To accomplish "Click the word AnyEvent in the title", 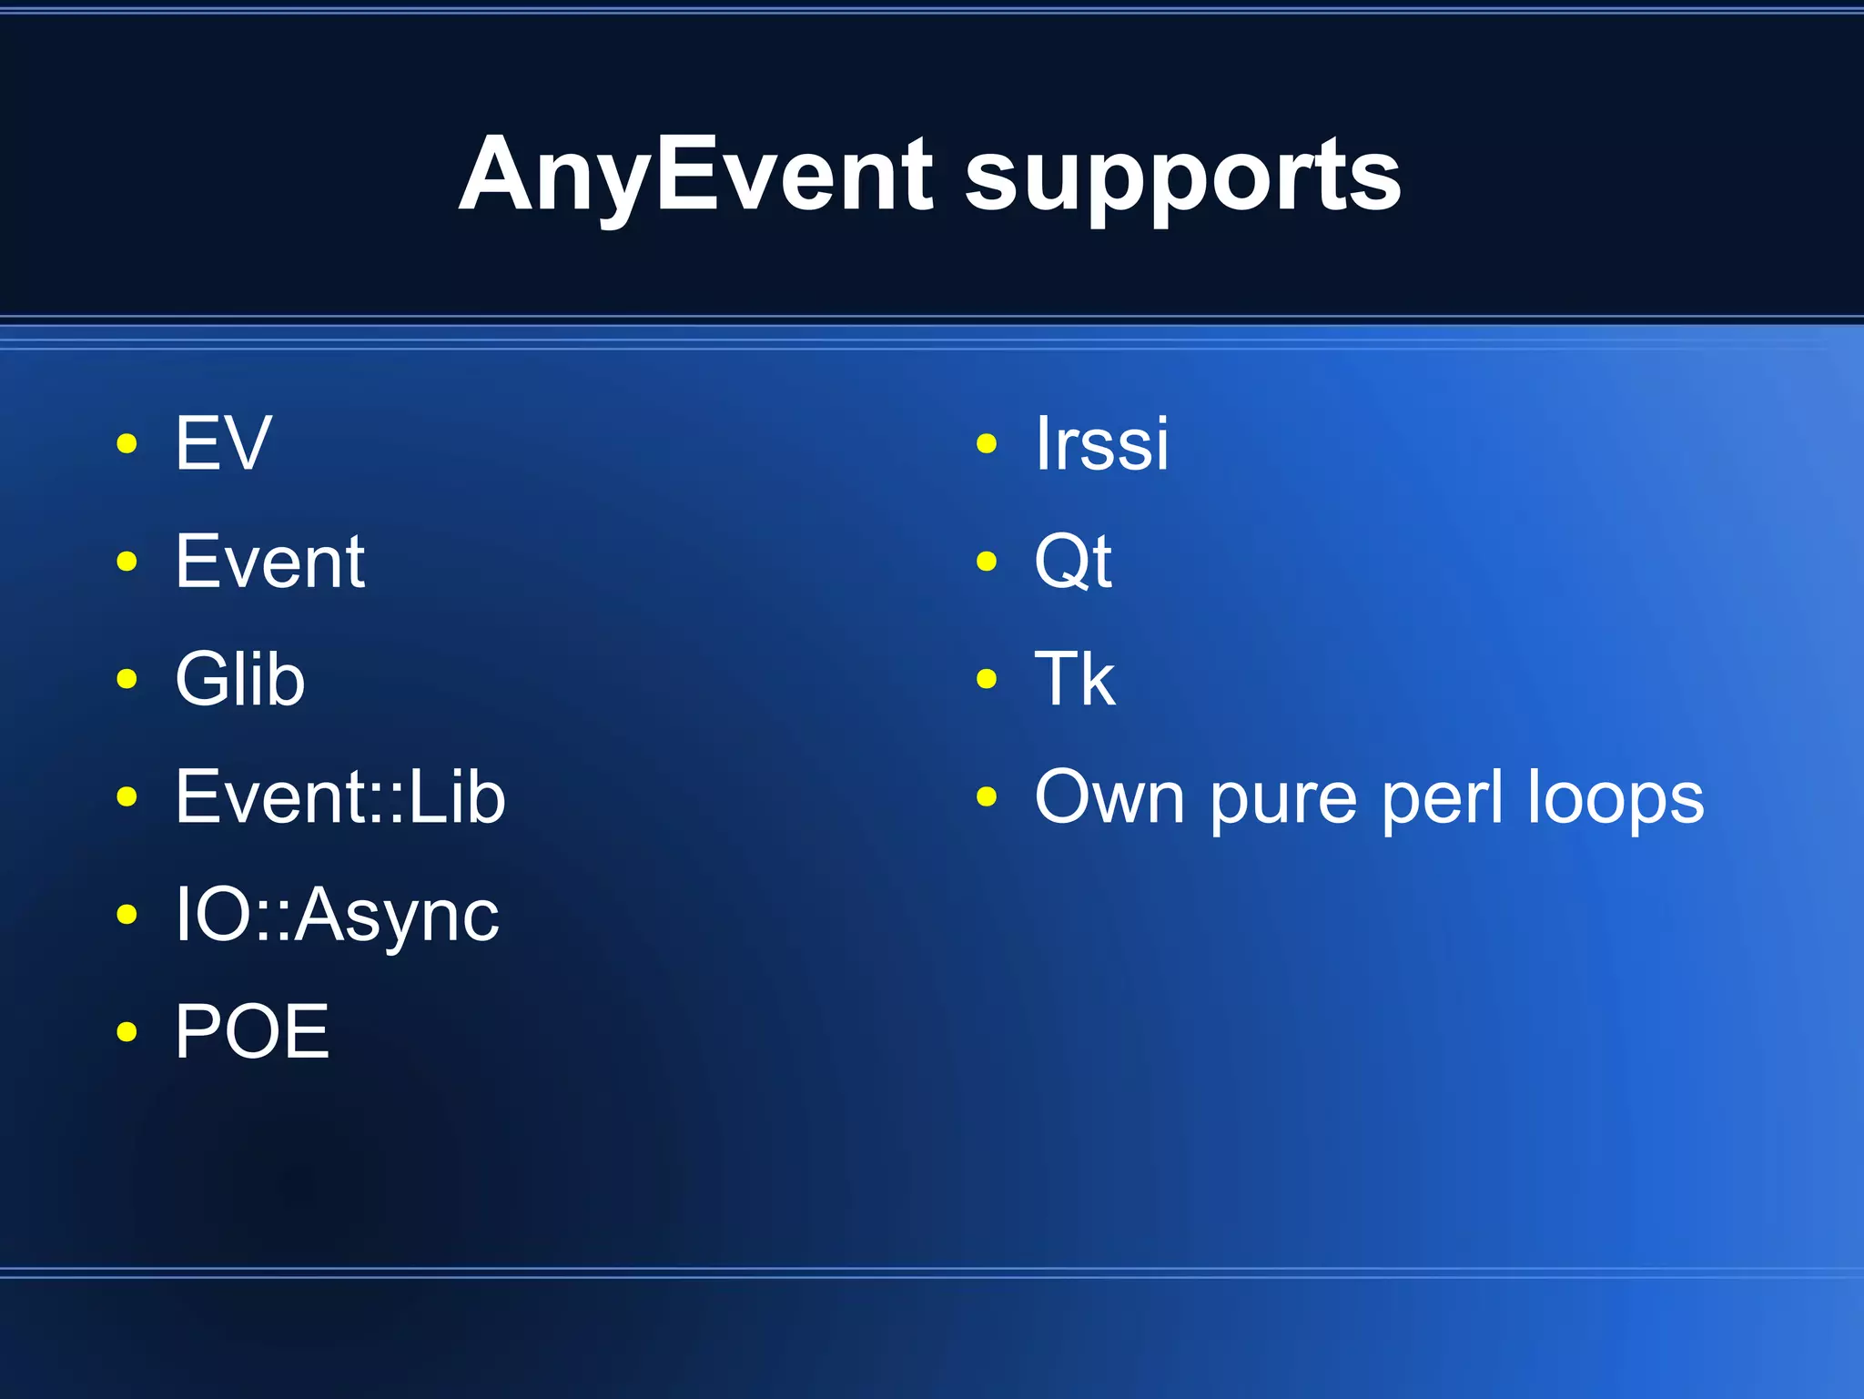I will [x=696, y=175].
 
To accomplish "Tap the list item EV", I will [x=223, y=443].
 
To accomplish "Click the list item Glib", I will [x=240, y=679].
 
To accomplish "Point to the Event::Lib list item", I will [x=340, y=797].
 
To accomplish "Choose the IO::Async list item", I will [x=337, y=916].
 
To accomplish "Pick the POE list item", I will [x=252, y=1032].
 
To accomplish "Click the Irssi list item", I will [x=1102, y=443].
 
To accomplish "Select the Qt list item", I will [x=1073, y=562].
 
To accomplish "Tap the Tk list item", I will [x=1075, y=679].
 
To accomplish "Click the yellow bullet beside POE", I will [x=127, y=1032].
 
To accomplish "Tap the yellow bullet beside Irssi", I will [x=987, y=444].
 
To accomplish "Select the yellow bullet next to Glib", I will [x=127, y=679].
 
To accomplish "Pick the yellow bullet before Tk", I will [x=987, y=679].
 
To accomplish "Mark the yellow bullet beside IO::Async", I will [x=127, y=915].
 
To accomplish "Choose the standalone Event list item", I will [x=270, y=562].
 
